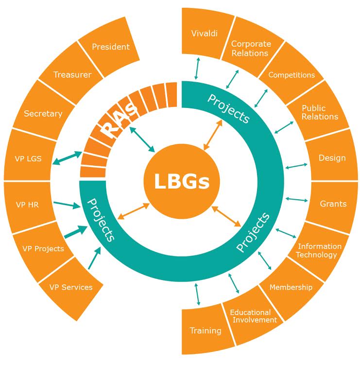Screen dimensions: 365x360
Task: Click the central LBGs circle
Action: pyautogui.click(x=182, y=182)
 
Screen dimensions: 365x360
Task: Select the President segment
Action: pyautogui.click(x=111, y=47)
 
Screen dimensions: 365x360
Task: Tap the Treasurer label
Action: pyautogui.click(x=72, y=75)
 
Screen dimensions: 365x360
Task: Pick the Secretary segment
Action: pyautogui.click(x=43, y=114)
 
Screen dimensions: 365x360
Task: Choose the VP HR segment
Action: pyautogui.click(x=27, y=205)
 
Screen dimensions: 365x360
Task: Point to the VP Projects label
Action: pyautogui.click(x=43, y=248)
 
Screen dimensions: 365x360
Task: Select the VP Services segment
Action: pyautogui.click(x=70, y=287)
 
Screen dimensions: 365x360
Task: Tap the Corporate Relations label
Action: pyautogui.click(x=251, y=48)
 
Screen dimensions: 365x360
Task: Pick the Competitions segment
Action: pyautogui.click(x=291, y=75)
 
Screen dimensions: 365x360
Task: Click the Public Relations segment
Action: pyautogui.click(x=320, y=112)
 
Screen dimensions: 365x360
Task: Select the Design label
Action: pyautogui.click(x=332, y=158)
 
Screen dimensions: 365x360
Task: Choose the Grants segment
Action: pyautogui.click(x=333, y=204)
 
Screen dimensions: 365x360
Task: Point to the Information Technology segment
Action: pyautogui.click(x=319, y=250)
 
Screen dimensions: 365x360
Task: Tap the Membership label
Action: pyautogui.click(x=291, y=287)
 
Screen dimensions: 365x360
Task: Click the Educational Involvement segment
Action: pyautogui.click(x=250, y=316)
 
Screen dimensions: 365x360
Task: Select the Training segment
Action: pyautogui.click(x=206, y=330)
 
